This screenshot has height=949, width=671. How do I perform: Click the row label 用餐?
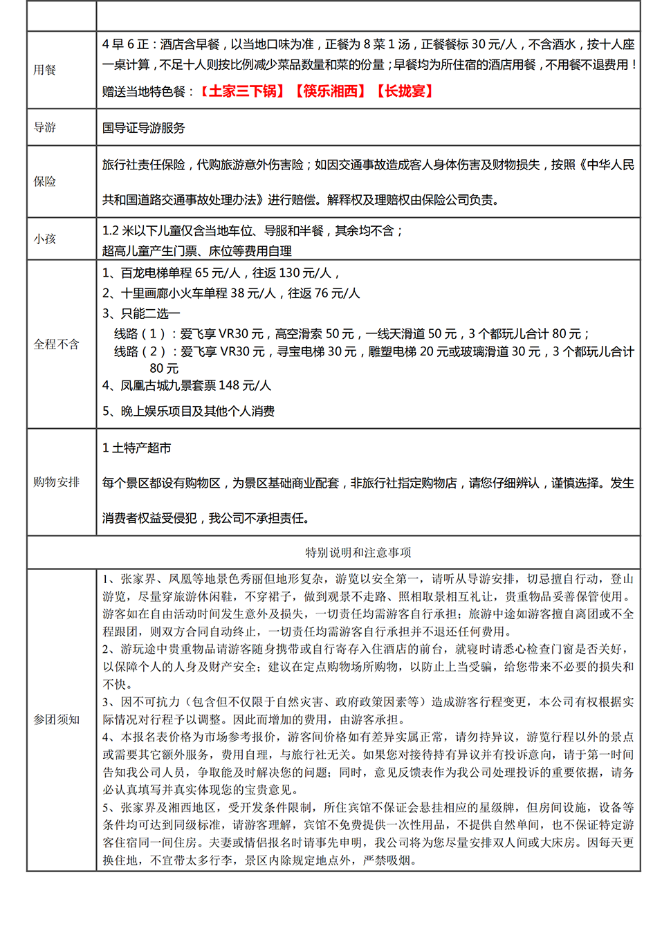(44, 70)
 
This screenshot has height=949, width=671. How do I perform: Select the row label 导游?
(44, 127)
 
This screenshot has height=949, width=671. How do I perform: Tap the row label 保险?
(44, 181)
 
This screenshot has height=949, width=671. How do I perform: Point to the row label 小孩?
(44, 239)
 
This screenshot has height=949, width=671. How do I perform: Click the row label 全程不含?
(56, 344)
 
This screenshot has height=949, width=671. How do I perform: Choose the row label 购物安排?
(56, 481)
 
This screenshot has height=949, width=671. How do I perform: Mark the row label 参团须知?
(56, 719)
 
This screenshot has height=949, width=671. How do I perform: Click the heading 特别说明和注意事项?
(358, 553)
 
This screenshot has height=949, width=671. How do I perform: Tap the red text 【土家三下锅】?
(242, 91)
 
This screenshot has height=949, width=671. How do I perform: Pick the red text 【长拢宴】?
(405, 91)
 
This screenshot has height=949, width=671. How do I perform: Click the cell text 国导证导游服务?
(144, 128)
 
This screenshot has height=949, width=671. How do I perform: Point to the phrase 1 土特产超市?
(137, 448)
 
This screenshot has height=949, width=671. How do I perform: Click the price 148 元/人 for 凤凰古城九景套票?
(245, 385)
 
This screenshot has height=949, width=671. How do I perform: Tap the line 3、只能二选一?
(141, 313)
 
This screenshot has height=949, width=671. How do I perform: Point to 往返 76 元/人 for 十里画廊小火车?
(324, 293)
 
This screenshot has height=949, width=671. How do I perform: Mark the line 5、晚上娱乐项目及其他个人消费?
(188, 412)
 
